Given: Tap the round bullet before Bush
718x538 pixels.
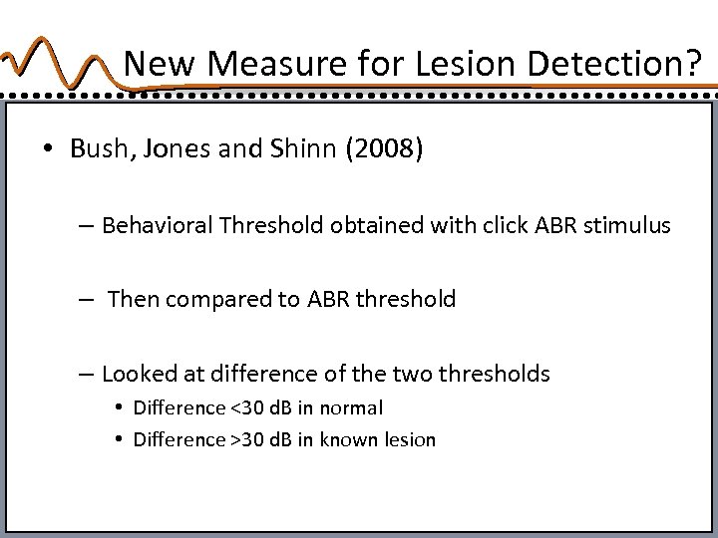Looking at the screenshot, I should click(48, 150).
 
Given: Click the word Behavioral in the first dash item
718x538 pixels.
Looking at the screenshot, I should click(158, 226).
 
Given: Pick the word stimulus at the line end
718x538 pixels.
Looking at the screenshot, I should click(630, 226).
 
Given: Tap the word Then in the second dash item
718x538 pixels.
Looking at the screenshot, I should click(132, 300).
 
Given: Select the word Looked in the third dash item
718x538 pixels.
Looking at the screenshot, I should click(136, 374).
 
